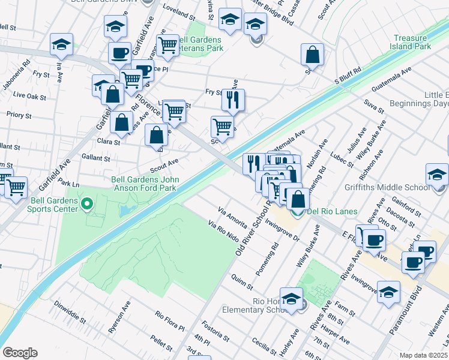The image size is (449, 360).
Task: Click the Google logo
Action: click(20, 353)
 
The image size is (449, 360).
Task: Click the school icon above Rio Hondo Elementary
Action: click(291, 298)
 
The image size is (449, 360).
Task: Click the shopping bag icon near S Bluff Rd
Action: click(312, 55)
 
